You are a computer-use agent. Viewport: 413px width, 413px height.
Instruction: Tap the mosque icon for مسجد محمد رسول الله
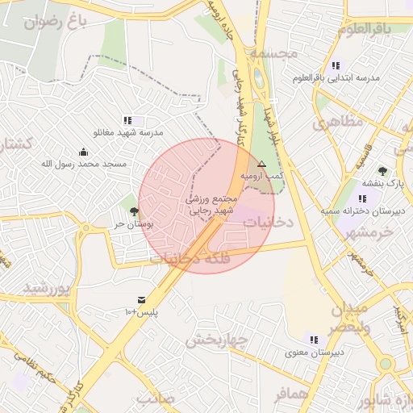click(84, 152)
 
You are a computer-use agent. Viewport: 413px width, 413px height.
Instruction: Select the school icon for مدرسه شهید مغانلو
click(128, 120)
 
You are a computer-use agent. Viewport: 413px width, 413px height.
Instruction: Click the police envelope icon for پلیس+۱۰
click(143, 299)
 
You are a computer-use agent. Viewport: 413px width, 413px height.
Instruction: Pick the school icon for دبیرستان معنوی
click(313, 340)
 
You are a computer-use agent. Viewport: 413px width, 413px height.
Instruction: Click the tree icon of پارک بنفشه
click(382, 171)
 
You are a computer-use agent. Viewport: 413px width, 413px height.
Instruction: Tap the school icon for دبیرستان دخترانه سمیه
click(362, 198)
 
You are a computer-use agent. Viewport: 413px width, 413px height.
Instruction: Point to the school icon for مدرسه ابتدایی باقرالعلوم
click(336, 65)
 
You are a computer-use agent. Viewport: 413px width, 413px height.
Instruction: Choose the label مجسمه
click(273, 53)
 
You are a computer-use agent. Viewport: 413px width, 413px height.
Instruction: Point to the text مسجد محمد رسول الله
click(84, 164)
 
